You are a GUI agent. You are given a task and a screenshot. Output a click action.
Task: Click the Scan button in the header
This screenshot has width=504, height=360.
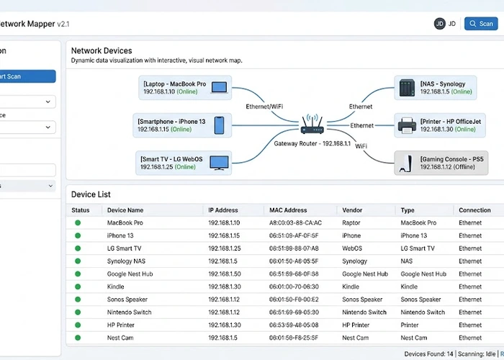pos(481,24)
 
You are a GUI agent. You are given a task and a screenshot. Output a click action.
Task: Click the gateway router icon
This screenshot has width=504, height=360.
pos(310,127)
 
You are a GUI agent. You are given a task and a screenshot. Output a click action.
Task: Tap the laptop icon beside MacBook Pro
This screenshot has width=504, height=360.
pos(219,88)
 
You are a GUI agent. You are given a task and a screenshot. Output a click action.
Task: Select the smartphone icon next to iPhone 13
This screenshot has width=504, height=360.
pos(219,126)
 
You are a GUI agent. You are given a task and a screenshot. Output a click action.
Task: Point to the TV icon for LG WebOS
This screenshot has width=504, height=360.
pos(219,162)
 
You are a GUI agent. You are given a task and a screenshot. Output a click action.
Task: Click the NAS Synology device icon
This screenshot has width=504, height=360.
pos(407,88)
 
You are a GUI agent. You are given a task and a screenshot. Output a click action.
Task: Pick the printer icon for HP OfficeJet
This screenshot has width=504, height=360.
pos(407,125)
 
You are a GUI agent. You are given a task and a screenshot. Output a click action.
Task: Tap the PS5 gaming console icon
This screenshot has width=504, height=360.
pos(407,162)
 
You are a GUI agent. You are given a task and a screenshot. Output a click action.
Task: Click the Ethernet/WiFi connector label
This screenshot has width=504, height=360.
pos(264,107)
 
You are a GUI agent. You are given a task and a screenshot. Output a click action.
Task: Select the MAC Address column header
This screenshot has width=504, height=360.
pos(288,210)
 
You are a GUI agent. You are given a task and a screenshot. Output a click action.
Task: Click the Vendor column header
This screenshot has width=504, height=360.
pos(352,210)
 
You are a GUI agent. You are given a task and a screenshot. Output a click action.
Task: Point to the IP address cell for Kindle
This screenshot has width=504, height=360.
pos(223,287)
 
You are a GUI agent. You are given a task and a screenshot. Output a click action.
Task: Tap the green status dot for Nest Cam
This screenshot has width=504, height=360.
pos(77,338)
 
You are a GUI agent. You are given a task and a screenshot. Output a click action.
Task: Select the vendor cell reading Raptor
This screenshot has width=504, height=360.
pos(351,223)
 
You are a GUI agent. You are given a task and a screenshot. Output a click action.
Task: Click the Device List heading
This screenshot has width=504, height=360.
pos(90,194)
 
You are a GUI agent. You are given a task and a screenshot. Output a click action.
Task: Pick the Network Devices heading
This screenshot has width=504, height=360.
pos(102,51)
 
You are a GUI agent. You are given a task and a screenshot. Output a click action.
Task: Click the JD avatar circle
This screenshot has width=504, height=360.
pos(439,24)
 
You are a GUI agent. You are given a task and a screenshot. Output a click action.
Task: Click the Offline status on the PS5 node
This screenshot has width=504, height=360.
pos(459,166)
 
